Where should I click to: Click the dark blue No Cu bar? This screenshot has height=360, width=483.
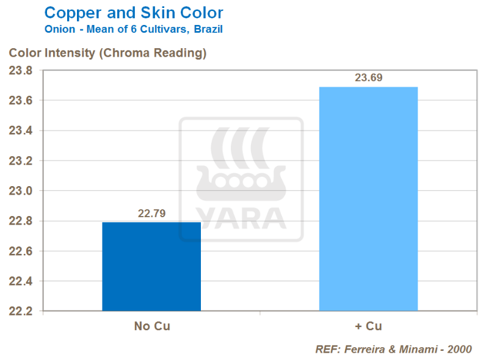pyautogui.click(x=151, y=267)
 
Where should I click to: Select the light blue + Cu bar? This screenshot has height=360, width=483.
pyautogui.click(x=368, y=199)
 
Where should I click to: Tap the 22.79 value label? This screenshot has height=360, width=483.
pyautogui.click(x=151, y=214)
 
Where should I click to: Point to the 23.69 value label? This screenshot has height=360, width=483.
pyautogui.click(x=368, y=78)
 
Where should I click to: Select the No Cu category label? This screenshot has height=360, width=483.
pyautogui.click(x=152, y=326)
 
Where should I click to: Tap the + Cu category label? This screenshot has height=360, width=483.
pyautogui.click(x=368, y=326)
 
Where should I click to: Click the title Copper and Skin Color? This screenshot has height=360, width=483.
pyautogui.click(x=134, y=12)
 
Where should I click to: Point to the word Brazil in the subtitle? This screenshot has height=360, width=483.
pyautogui.click(x=208, y=29)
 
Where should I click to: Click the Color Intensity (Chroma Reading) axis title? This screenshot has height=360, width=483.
pyautogui.click(x=107, y=53)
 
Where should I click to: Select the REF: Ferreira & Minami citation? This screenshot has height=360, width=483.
pyautogui.click(x=393, y=350)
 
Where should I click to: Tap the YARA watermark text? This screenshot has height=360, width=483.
pyautogui.click(x=241, y=218)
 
